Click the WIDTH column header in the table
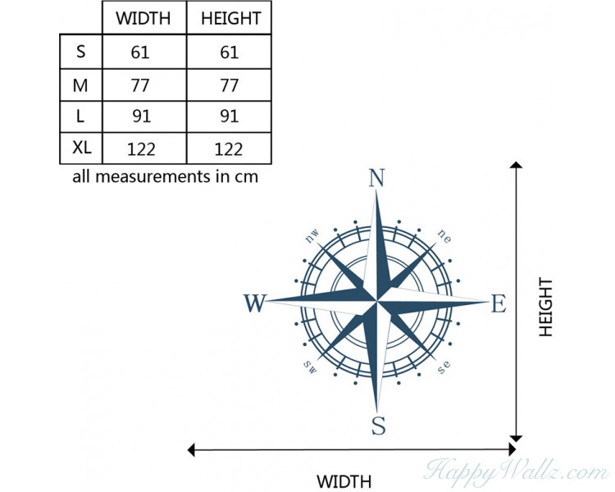143,18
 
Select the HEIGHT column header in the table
230,18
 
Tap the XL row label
81,148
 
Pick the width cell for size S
140,52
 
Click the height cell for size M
230,85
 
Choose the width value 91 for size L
141,116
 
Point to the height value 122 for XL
228,149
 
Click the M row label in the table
80,85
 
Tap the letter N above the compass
376,178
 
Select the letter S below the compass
379,426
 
